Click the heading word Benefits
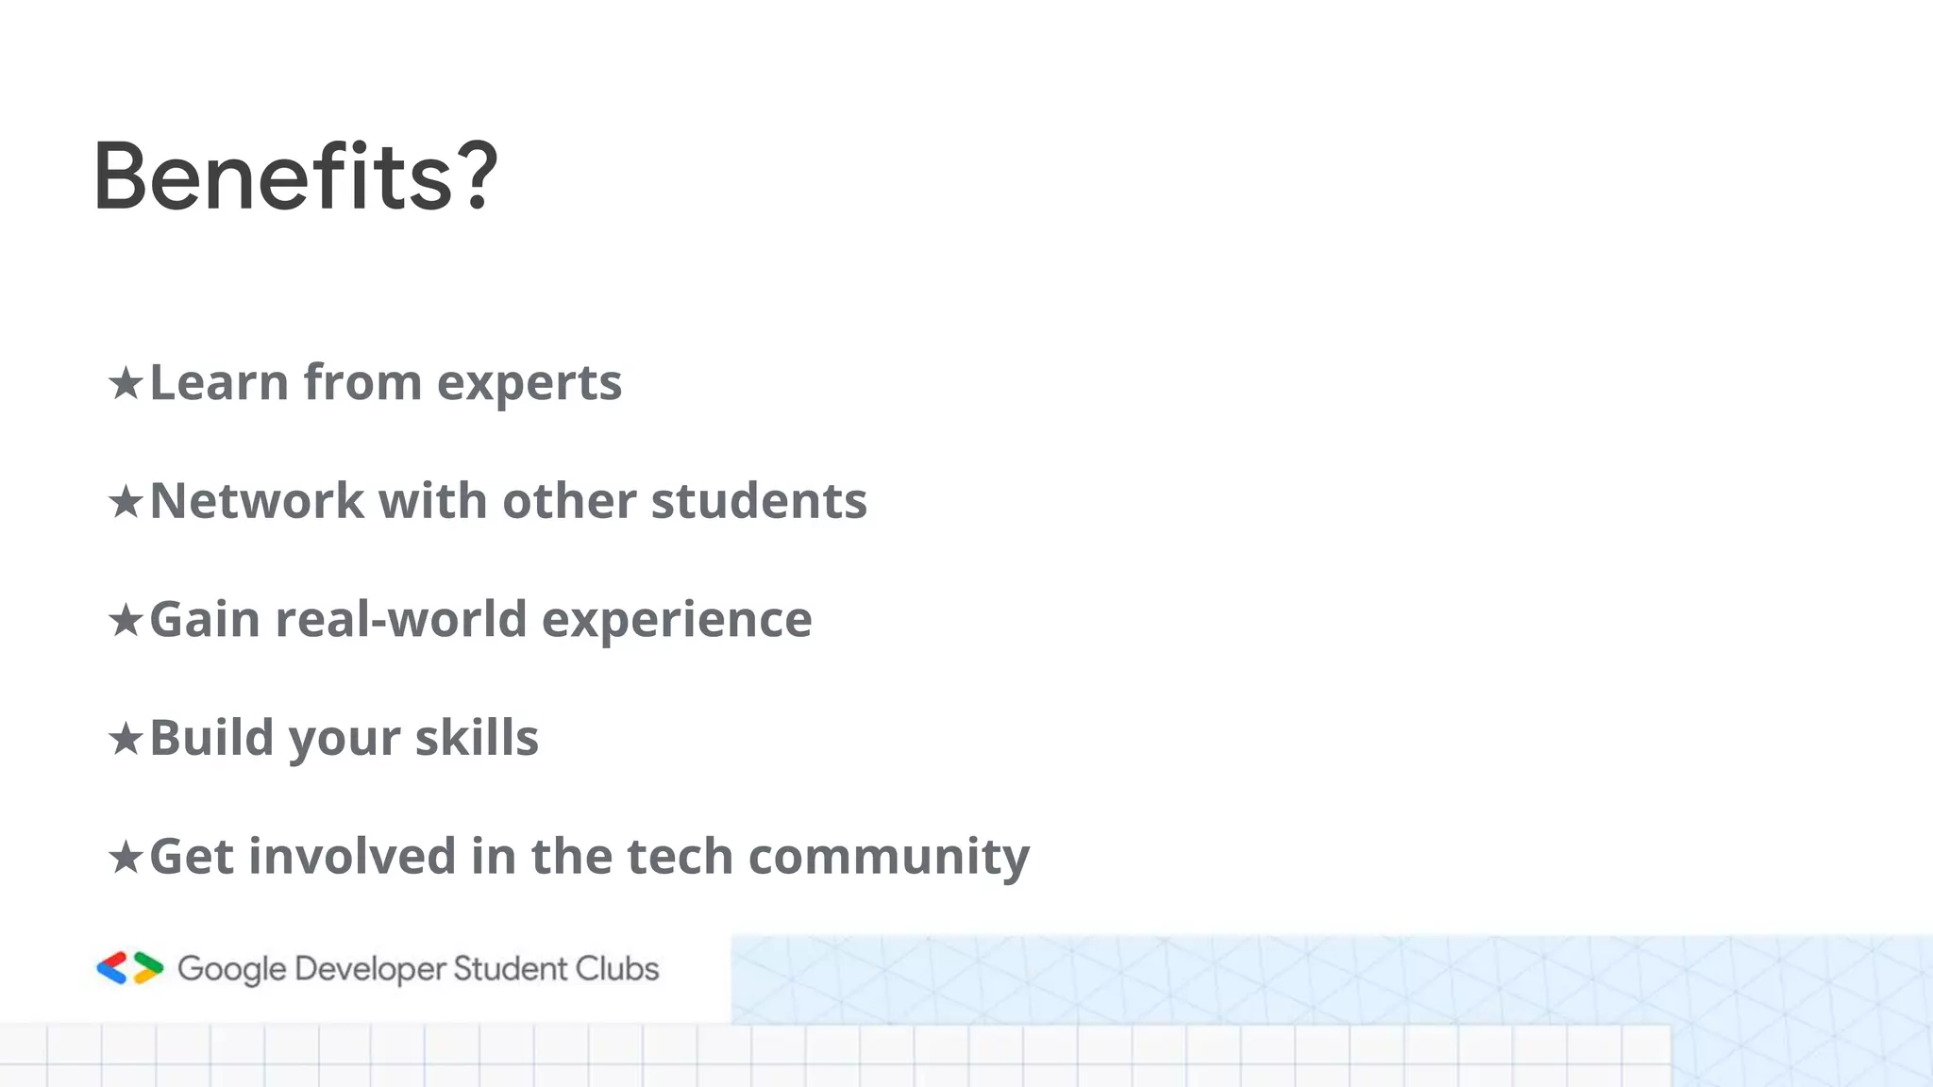274,176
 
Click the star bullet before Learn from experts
126,383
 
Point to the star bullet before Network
126,502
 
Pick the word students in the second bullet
759,501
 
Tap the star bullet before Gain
126,621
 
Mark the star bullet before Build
126,739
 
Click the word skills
477,738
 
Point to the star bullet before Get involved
126,858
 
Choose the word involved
353,857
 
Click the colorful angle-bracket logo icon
130,968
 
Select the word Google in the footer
231,970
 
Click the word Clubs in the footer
617,969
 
